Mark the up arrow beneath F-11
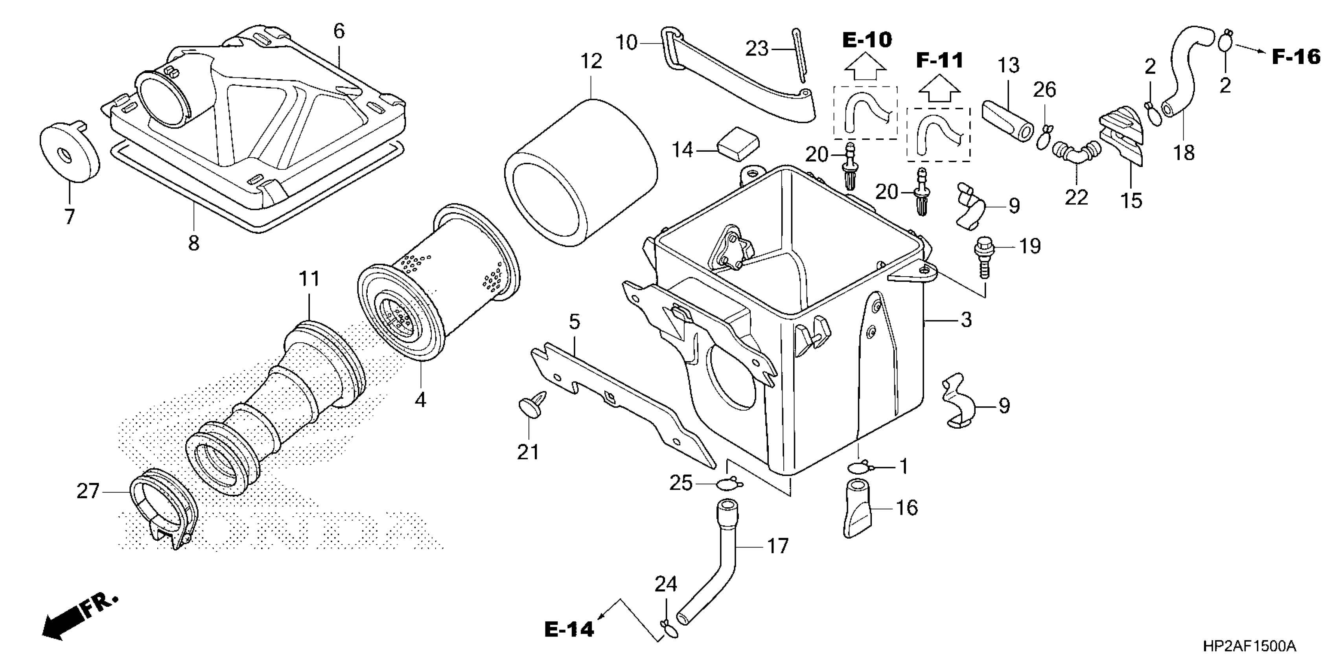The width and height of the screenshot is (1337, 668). pyautogui.click(x=939, y=90)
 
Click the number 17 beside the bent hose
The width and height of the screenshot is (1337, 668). pyautogui.click(x=777, y=546)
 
